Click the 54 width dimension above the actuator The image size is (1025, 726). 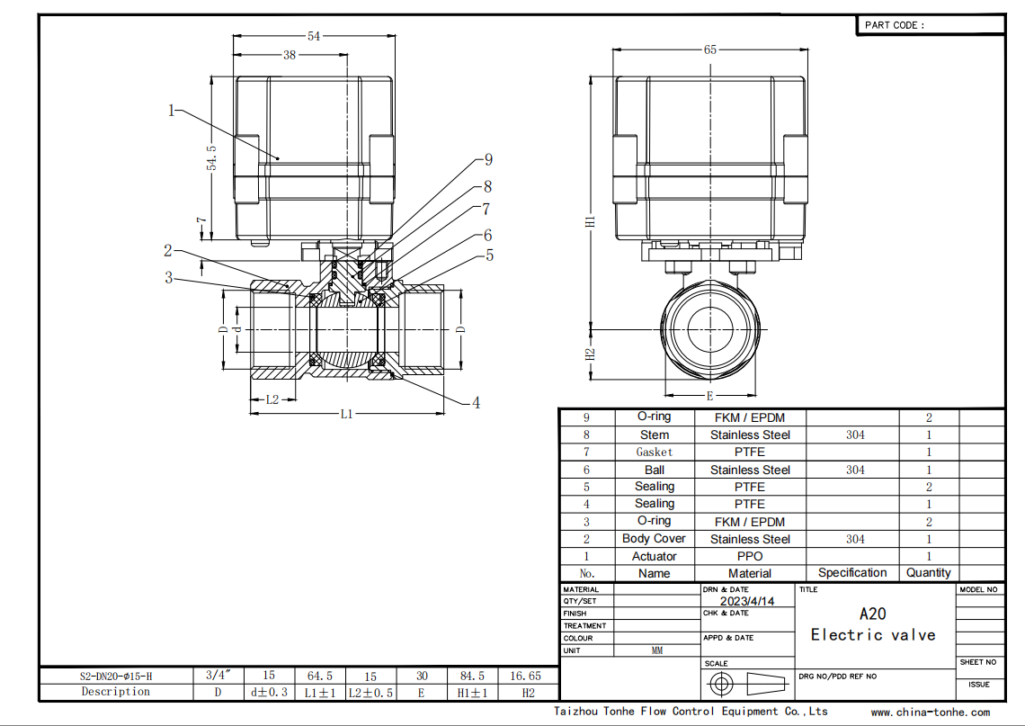pos(314,36)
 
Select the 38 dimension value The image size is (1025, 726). pos(290,55)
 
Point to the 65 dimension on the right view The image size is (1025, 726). pos(710,49)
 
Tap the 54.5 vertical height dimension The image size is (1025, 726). pos(212,158)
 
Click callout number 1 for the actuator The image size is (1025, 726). pos(171,111)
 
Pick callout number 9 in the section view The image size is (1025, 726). pos(488,159)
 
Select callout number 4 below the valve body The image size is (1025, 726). pos(476,403)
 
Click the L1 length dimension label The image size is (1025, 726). pos(346,414)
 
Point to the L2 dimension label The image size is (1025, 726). pos(272,399)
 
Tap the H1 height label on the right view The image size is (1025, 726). pos(591,221)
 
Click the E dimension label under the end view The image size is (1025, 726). pos(709,396)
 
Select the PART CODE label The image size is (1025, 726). pos(895,25)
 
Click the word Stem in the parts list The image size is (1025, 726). pos(655,435)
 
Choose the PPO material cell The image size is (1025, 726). pos(750,556)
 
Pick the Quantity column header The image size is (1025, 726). pos(928,573)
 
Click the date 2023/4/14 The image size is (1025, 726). pos(747,601)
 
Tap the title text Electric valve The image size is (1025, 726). pos(873,635)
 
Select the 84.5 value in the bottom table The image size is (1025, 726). pos(472,676)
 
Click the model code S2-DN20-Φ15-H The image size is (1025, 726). pos(116,677)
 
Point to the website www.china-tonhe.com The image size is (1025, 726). pos(931,713)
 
